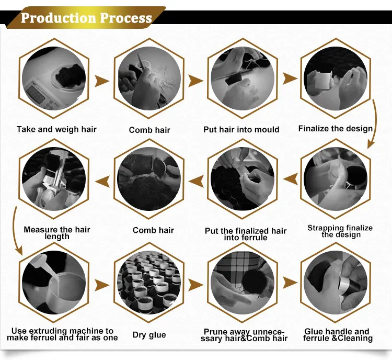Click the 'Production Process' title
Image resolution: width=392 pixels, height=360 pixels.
coord(86,18)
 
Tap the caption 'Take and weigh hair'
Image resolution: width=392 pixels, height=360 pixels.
coord(56,129)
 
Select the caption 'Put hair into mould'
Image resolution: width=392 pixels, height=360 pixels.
coord(241,129)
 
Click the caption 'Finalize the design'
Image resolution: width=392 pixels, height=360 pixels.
coord(336,128)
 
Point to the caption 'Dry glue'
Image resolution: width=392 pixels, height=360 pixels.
coord(149,335)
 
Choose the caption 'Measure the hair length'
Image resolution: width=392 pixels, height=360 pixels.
coord(57,233)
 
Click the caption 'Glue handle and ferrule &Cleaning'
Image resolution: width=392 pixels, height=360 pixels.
coord(338,335)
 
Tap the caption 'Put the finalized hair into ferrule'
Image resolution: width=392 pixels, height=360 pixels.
coord(246,234)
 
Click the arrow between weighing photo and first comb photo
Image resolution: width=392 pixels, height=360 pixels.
coord(101,81)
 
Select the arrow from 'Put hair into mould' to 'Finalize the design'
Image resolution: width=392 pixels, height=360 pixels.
coord(290,78)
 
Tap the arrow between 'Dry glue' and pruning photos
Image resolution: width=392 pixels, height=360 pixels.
coord(195,285)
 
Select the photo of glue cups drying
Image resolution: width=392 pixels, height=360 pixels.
coord(149,283)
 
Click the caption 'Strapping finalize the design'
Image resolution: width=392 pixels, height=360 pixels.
coord(340,231)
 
